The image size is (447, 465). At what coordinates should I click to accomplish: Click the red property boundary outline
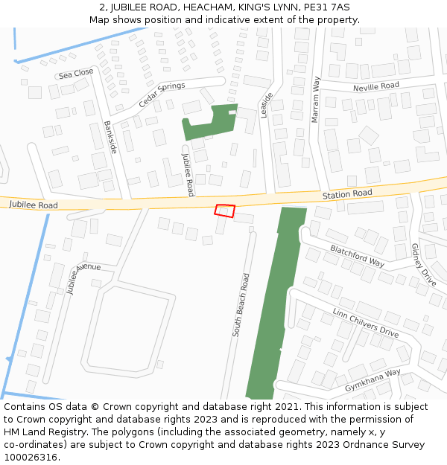(225, 211)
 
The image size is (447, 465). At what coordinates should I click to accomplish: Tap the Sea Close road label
(76, 73)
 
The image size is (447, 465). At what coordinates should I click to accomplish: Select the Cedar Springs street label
(162, 94)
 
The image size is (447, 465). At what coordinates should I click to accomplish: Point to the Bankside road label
(110, 138)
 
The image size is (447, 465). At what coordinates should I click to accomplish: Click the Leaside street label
(267, 105)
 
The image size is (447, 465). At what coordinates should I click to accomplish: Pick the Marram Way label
(316, 99)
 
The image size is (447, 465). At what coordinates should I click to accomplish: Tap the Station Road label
(347, 194)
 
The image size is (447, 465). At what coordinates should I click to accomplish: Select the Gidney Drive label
(423, 265)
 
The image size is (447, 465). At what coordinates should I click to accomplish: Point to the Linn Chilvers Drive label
(366, 322)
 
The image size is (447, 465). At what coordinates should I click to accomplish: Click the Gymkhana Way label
(372, 380)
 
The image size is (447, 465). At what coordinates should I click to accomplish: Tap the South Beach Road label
(240, 305)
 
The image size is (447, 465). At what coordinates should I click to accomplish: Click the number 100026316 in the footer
(31, 458)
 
